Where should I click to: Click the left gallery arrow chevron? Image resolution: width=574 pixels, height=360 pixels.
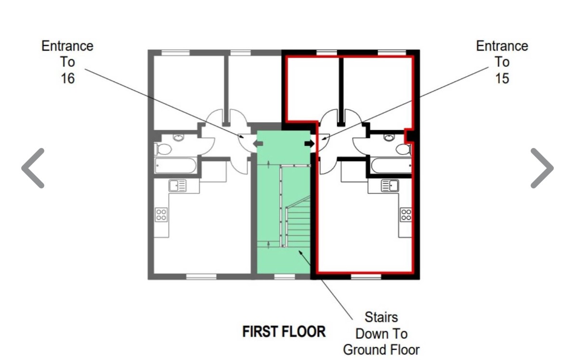point(32,168)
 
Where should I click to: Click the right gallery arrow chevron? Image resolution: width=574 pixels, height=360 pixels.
point(542,168)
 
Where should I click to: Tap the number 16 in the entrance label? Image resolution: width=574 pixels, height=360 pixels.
point(68,79)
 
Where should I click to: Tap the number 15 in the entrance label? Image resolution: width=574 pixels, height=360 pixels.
point(502,79)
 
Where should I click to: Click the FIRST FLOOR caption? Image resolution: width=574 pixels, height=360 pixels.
point(284,332)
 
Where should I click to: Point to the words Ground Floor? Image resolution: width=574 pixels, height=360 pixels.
point(381,350)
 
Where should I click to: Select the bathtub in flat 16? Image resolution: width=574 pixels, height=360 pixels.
point(175,165)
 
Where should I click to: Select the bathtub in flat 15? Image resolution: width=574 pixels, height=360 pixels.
point(391,165)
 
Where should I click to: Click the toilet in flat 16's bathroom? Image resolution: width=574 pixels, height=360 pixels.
point(163,149)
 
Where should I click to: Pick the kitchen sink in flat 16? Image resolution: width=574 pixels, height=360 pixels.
point(178,186)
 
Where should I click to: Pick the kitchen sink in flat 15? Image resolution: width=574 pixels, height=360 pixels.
point(390,186)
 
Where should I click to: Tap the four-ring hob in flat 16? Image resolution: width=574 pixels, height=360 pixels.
point(161,214)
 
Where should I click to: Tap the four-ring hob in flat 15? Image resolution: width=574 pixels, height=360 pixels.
point(405,214)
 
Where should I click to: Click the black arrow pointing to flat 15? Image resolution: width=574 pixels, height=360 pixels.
point(309,144)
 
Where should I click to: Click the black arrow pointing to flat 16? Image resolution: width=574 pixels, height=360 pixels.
point(258,144)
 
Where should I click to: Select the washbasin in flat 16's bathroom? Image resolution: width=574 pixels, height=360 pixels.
point(178,138)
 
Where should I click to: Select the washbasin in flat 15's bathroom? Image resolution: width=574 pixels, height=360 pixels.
point(389,138)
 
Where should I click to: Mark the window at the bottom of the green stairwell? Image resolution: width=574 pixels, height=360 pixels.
point(285,277)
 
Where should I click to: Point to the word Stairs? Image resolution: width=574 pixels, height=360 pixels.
point(381,317)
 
